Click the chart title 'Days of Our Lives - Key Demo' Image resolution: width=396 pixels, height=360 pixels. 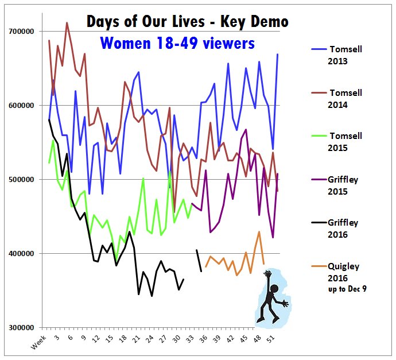(187, 21)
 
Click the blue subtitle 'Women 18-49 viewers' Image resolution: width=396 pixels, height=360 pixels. (177, 42)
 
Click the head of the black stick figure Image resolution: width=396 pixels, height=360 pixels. (274, 288)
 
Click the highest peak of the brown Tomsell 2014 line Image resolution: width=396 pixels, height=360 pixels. (67, 23)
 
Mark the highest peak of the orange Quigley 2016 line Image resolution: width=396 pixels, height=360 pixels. (259, 232)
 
